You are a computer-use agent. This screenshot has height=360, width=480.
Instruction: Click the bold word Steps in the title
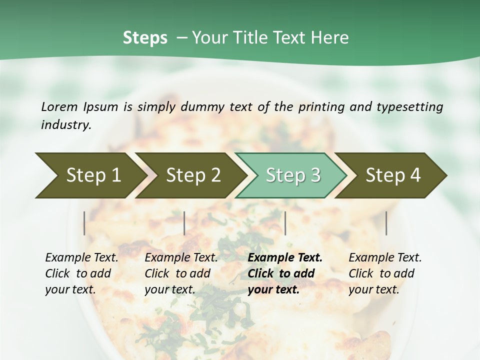(x=145, y=38)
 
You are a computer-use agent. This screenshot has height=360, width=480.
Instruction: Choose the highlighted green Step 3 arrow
(x=293, y=175)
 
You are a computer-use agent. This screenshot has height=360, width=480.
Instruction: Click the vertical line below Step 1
(x=84, y=223)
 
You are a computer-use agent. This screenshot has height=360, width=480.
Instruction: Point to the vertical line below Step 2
(x=184, y=223)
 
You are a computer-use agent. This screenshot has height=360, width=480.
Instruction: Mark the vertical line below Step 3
(x=285, y=223)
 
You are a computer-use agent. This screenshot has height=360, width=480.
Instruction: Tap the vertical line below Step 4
(x=386, y=223)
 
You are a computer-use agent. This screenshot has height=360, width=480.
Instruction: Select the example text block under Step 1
(x=81, y=273)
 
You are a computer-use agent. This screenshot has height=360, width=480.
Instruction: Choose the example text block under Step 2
(x=181, y=273)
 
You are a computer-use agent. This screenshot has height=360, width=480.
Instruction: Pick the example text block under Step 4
(x=385, y=273)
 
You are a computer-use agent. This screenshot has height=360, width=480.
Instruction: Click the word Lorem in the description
(x=59, y=106)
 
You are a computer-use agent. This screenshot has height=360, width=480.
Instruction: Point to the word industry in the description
(x=66, y=124)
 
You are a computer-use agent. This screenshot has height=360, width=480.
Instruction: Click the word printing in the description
(x=321, y=107)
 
